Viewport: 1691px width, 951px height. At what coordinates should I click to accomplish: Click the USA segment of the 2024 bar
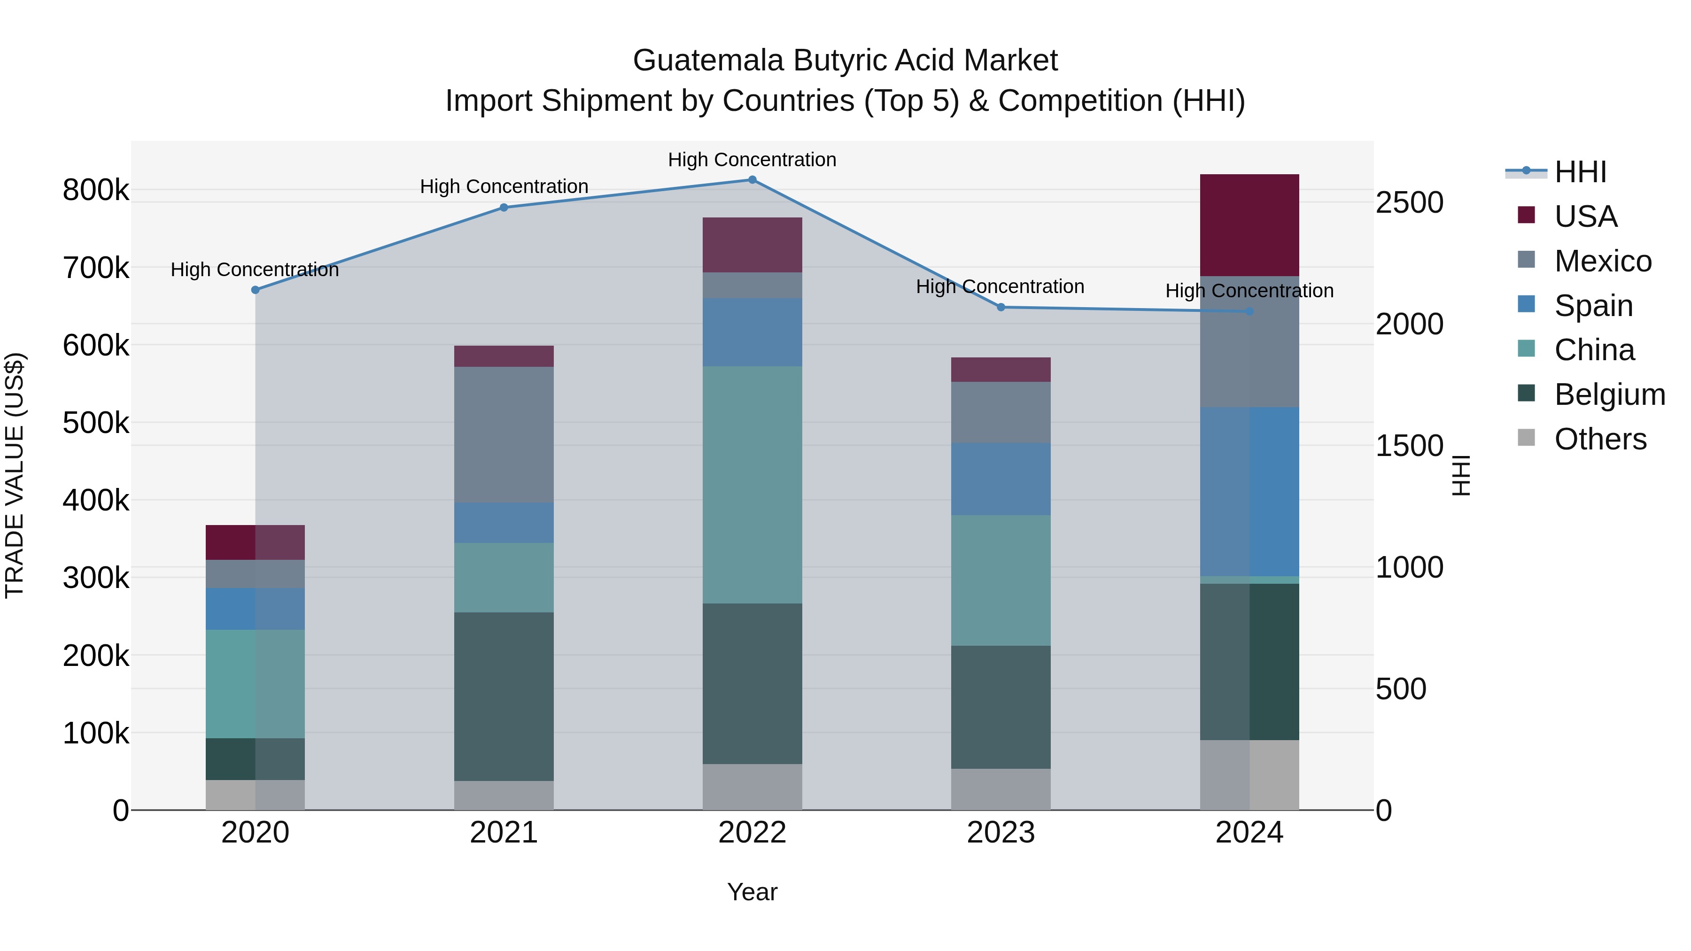click(x=1249, y=225)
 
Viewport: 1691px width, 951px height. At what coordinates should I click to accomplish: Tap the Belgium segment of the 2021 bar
click(x=504, y=696)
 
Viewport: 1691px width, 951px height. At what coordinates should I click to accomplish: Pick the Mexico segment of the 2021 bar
click(x=504, y=434)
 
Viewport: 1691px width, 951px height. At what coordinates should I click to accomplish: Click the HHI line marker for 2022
click(x=752, y=180)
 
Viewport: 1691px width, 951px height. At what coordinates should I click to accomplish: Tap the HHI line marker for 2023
click(x=1001, y=307)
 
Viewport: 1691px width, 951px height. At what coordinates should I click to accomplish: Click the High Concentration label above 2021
click(x=504, y=186)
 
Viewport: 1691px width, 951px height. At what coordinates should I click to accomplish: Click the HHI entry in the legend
click(x=1580, y=172)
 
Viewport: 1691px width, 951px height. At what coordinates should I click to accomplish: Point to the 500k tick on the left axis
click(x=96, y=423)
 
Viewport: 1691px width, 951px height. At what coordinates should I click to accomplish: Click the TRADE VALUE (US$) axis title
click(x=15, y=475)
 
